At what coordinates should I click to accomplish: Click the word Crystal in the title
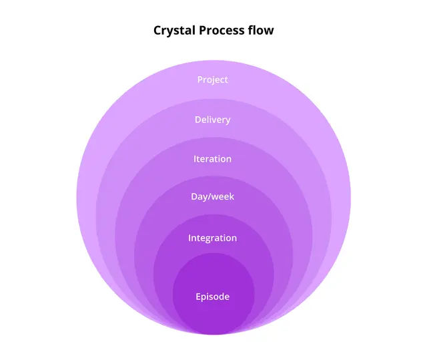pos(175,31)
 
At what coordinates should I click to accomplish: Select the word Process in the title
pos(222,30)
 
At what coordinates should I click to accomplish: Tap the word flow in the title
pos(261,29)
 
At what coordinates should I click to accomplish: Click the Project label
pos(213,80)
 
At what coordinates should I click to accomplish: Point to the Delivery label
pos(213,120)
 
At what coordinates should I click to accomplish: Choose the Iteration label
pos(213,159)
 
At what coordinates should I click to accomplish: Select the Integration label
pos(213,238)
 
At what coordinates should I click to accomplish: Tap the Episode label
pos(213,297)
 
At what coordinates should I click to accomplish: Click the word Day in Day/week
pos(199,197)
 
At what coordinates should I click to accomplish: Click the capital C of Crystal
pos(157,30)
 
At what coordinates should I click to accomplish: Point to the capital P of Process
pos(203,30)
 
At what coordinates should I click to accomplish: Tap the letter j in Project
pos(211,81)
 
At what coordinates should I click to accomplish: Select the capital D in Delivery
pos(198,120)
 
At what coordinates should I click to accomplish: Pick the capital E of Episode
pos(198,297)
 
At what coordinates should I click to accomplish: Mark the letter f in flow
pos(251,29)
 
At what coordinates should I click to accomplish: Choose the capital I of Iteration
pos(195,159)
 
